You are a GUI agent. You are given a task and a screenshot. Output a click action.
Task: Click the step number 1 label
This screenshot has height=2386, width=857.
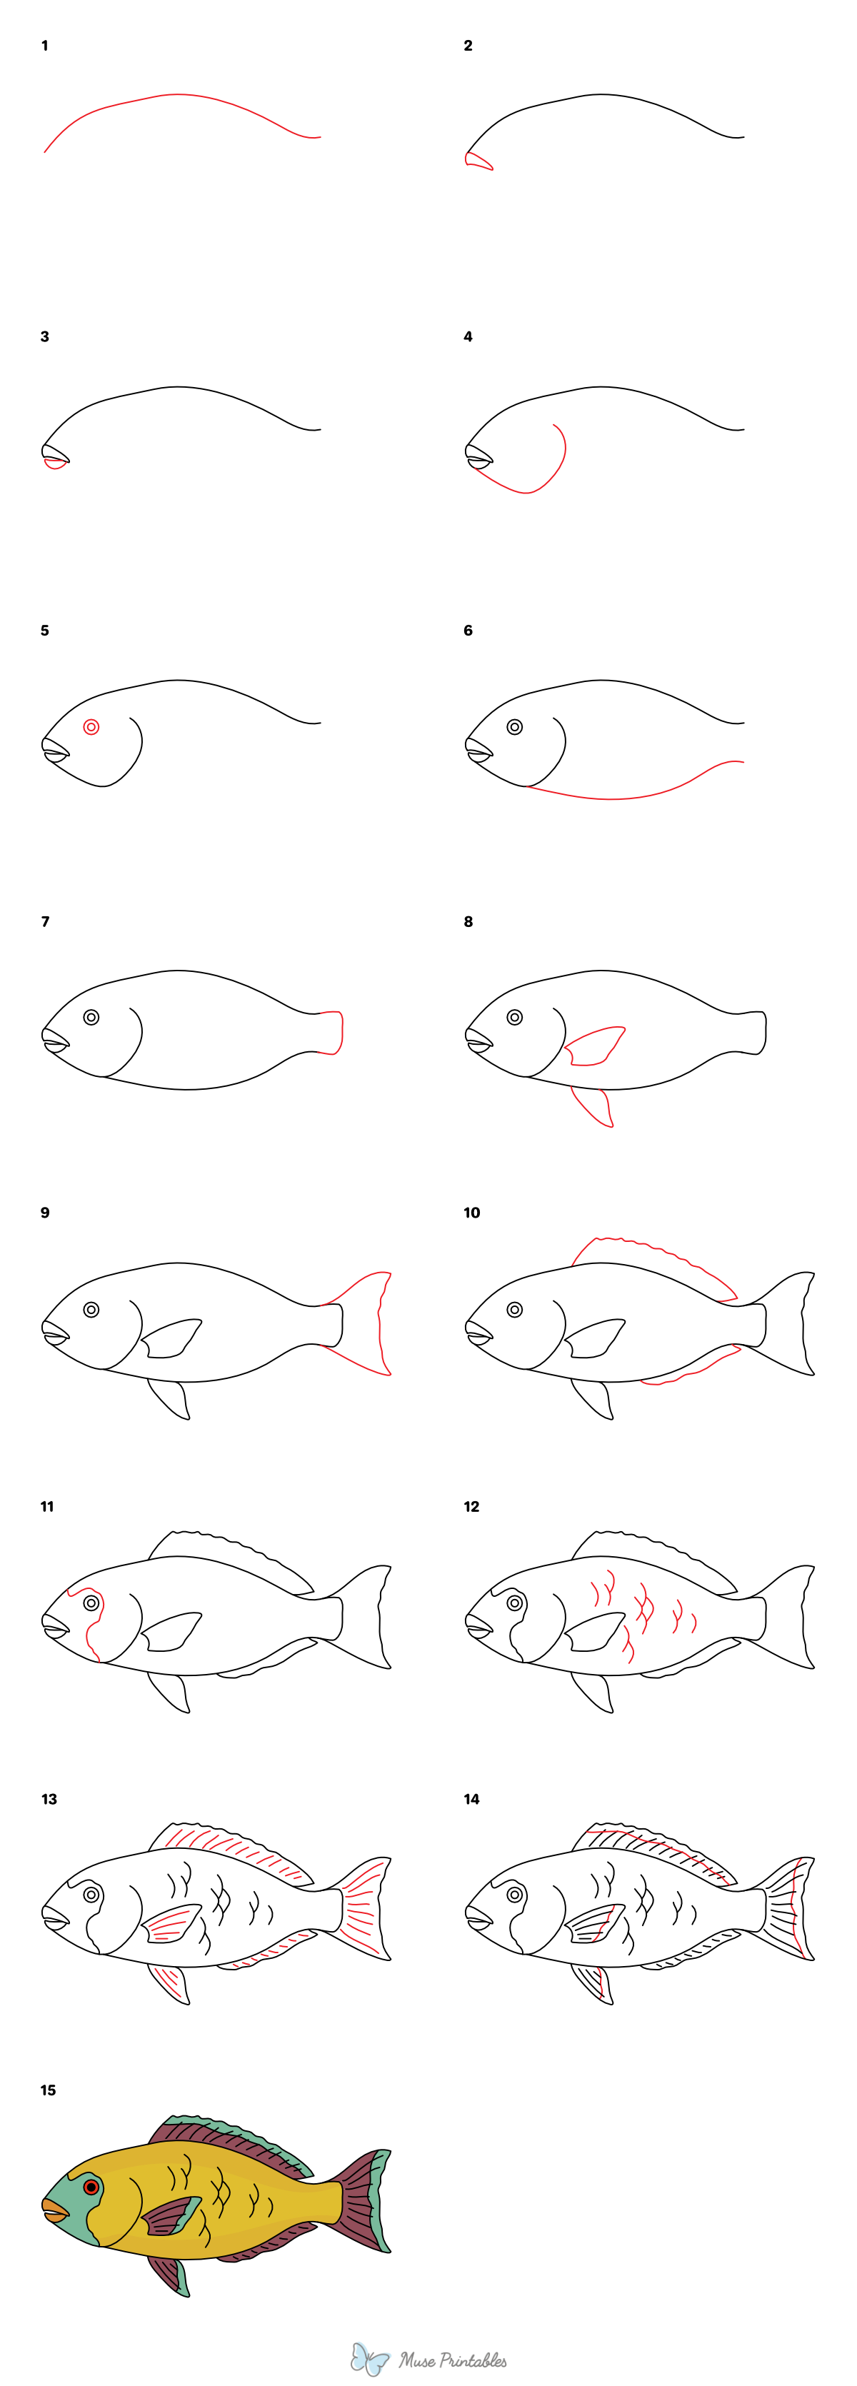pos(44,46)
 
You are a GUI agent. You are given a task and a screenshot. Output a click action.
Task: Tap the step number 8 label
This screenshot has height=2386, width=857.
pos(468,921)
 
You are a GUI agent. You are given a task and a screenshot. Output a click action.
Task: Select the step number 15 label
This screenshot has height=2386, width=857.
pos(48,2090)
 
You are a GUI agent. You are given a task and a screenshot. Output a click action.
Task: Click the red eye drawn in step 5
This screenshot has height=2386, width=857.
pos(91,727)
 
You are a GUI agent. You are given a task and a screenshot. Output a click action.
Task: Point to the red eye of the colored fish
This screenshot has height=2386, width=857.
pos(91,2187)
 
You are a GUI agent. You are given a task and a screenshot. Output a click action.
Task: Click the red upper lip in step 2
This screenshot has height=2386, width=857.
pos(477,161)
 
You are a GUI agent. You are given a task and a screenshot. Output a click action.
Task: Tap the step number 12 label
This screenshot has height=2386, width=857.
pos(471,1507)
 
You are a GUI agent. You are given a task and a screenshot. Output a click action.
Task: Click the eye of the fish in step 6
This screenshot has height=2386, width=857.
pos(514,727)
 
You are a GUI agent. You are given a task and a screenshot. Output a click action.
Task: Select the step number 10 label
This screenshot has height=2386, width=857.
pos(471,1213)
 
